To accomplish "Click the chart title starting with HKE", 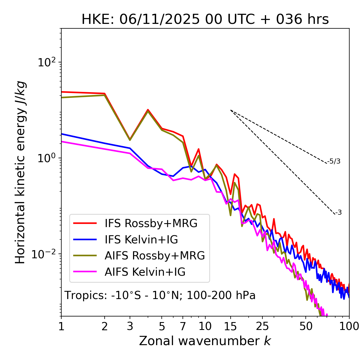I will point(205,19).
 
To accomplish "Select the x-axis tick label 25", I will point(262,326).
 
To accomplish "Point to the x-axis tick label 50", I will point(306,326).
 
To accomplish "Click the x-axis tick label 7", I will point(183,326).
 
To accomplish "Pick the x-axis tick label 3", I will point(130,326).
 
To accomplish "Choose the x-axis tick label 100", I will point(349,326).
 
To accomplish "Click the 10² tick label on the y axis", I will point(47,62).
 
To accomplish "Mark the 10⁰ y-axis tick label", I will point(47,158).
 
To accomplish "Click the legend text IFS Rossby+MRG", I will point(151,223).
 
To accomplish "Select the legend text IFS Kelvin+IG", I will point(141,240).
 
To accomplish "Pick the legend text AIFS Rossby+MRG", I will point(155,256).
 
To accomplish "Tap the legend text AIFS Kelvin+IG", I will point(145,272).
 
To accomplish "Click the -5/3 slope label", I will point(334,161).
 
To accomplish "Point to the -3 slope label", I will point(338,212).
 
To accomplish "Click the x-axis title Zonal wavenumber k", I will point(205,341).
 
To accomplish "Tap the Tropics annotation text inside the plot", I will point(160,295).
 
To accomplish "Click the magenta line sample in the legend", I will point(85,272).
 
